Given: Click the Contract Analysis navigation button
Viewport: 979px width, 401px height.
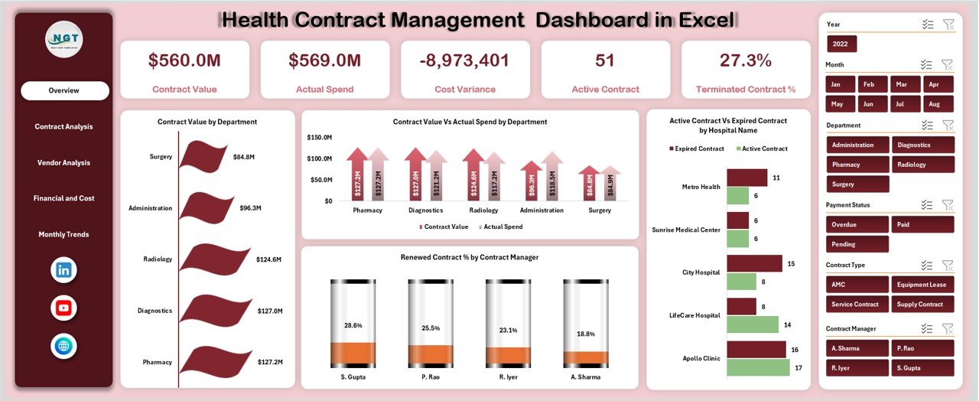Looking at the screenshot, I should (63, 126).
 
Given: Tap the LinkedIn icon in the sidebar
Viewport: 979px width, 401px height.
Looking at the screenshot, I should (63, 269).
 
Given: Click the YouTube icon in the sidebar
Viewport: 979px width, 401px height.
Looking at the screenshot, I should (63, 308).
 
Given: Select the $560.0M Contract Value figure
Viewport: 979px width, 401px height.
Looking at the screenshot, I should (184, 60).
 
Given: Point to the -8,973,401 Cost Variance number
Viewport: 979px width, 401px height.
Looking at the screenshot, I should (465, 60).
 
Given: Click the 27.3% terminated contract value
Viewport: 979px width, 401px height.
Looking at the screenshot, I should (745, 60).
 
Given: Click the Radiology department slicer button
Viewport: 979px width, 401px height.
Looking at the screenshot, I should (922, 165).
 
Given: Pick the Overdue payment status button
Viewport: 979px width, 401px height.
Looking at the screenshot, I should (857, 225).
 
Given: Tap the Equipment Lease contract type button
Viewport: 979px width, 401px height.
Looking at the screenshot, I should (922, 285).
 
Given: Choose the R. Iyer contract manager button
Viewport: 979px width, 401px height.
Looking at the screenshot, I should (857, 368).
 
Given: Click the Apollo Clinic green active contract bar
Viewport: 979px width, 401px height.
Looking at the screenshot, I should (757, 367).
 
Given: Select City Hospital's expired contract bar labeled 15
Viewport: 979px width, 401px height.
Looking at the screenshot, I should (754, 263).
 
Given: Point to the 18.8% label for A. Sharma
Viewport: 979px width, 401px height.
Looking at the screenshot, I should (585, 333).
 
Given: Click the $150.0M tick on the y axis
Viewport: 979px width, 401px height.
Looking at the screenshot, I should (319, 137).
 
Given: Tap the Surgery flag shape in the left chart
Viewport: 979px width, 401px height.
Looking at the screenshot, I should (203, 155).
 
